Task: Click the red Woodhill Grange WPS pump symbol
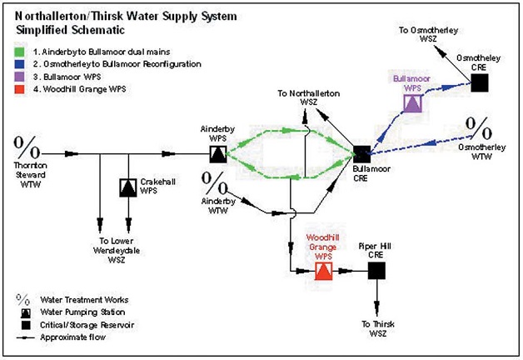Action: click(x=324, y=271)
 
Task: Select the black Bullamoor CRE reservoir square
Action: click(x=361, y=153)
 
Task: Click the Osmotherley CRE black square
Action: click(x=479, y=82)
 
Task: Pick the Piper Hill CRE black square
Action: click(x=376, y=270)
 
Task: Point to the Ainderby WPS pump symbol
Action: click(x=217, y=153)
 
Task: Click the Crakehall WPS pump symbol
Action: click(x=128, y=188)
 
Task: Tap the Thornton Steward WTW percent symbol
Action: click(x=28, y=149)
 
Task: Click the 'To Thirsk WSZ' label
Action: click(x=376, y=327)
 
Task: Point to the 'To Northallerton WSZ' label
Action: click(x=309, y=96)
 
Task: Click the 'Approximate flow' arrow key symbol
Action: click(x=22, y=337)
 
